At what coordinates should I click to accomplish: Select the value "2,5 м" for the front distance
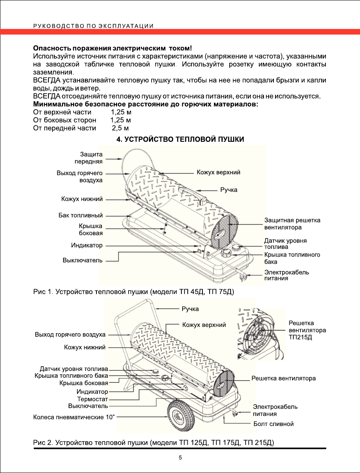tap(120, 128)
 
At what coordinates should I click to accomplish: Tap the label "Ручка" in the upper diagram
tap(229, 190)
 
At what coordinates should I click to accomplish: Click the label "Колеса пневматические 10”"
tap(74, 417)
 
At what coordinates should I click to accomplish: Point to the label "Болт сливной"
tap(273, 424)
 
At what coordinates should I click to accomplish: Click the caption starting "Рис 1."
tap(133, 292)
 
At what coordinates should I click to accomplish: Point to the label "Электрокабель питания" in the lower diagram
tap(275, 410)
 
